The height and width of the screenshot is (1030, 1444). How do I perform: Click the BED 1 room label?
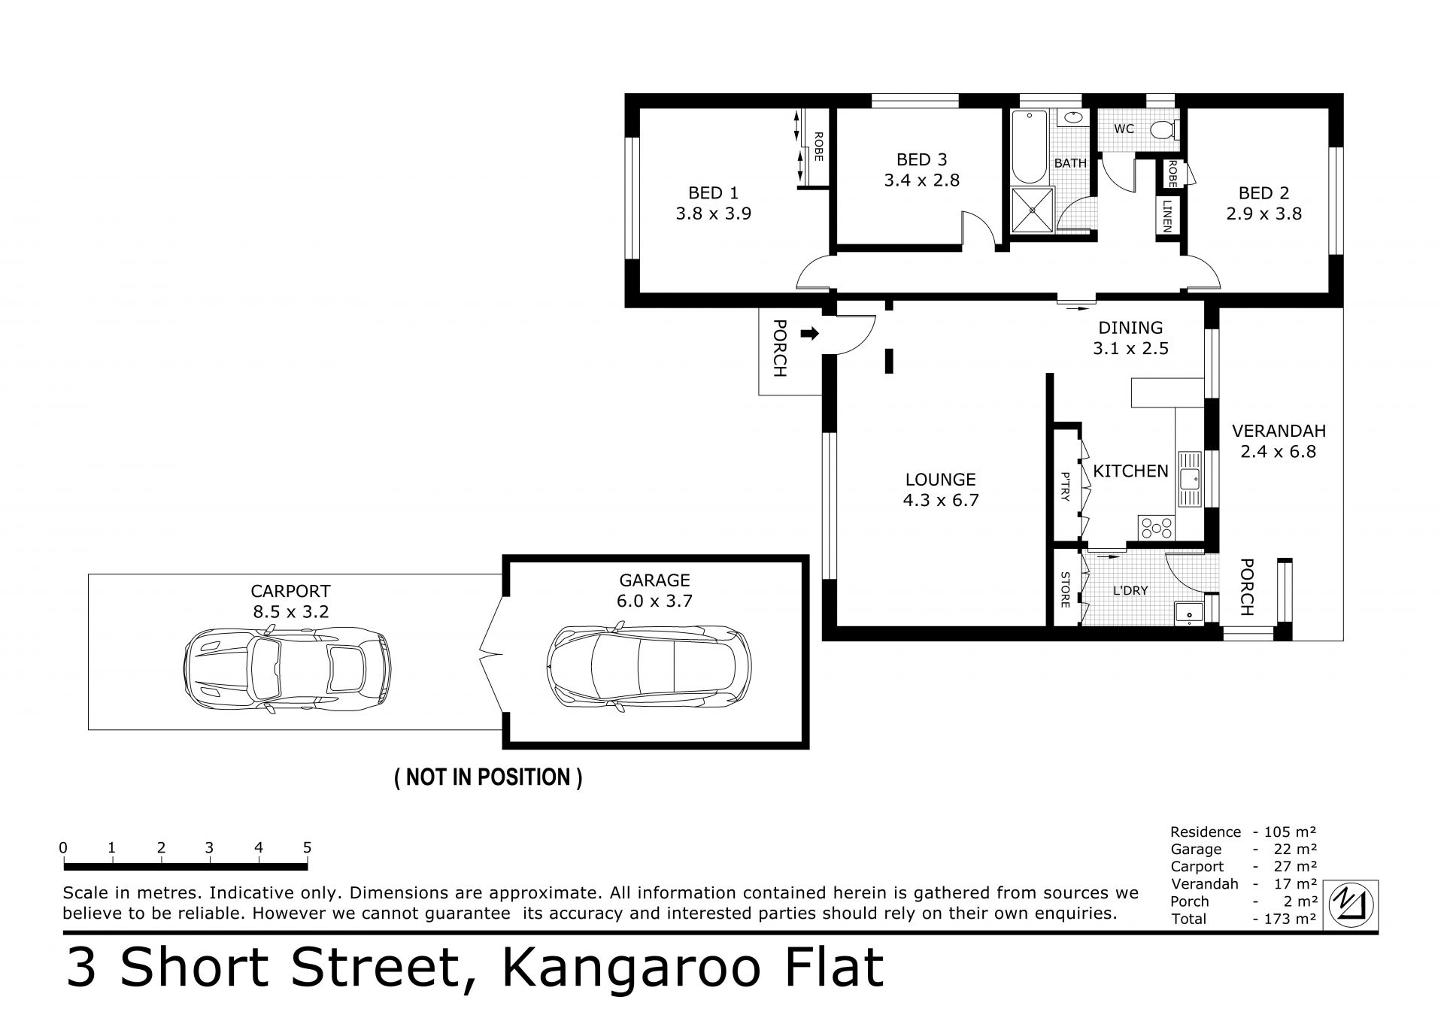tap(713, 193)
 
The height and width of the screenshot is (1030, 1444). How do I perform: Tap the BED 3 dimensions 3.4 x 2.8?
tap(921, 180)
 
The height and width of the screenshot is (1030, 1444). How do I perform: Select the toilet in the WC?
tap(1163, 130)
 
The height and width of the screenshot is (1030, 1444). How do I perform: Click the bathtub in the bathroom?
tap(1028, 147)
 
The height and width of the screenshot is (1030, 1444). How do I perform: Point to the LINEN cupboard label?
tap(1167, 217)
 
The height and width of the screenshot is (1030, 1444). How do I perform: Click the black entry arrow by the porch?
tap(809, 334)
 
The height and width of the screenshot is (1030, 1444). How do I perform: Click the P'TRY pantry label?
tap(1065, 486)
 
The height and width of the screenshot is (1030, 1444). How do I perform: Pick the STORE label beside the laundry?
tap(1065, 589)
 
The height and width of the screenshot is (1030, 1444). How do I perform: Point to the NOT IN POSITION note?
tap(488, 777)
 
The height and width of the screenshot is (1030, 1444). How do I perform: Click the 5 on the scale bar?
tap(307, 847)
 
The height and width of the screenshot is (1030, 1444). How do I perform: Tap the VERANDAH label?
tap(1279, 431)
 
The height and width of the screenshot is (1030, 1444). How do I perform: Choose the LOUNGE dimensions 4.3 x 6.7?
tap(941, 500)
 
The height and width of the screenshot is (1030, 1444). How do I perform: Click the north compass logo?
tap(1351, 905)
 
